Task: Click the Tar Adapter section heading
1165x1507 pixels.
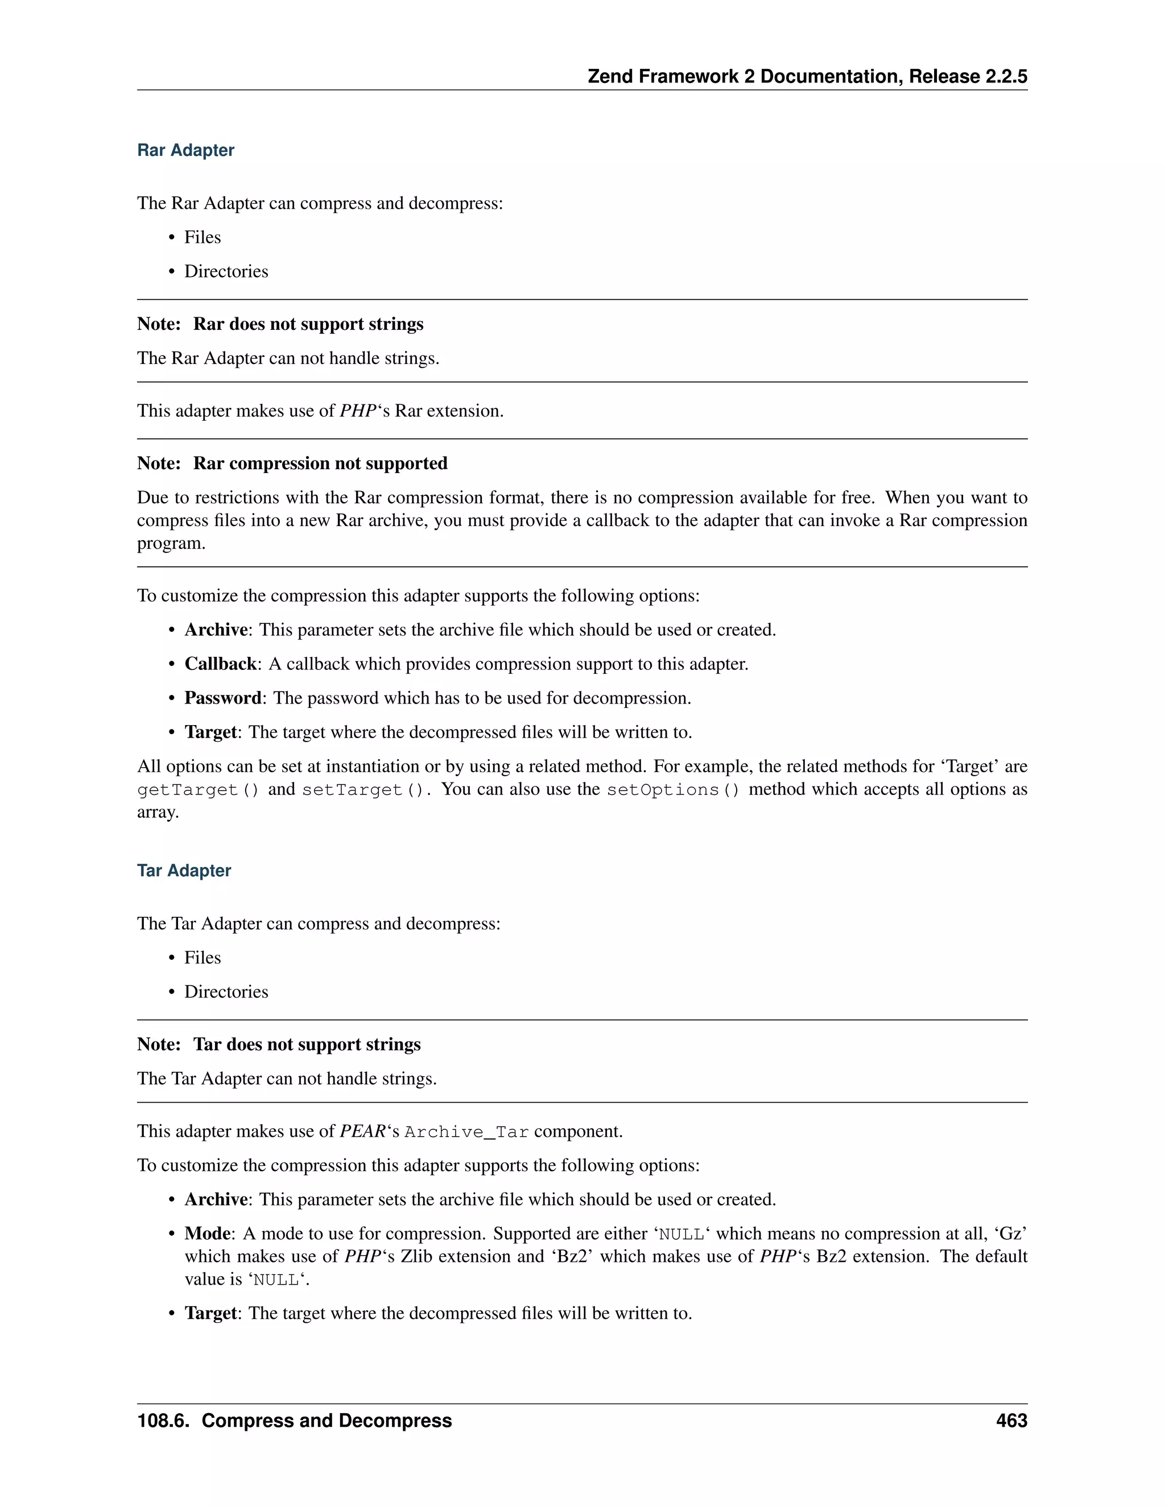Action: pos(184,870)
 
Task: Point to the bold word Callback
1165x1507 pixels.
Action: pos(220,664)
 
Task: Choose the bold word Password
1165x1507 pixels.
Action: pos(222,698)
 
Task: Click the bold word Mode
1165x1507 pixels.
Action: pos(207,1233)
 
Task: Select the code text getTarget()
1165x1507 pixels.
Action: pos(198,789)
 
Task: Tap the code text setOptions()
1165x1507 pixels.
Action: pos(673,789)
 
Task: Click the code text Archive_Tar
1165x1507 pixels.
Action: pos(466,1132)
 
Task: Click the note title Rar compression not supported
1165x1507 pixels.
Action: pos(320,463)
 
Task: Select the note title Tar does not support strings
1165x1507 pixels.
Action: pos(307,1044)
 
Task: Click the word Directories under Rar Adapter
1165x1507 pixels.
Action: pos(226,271)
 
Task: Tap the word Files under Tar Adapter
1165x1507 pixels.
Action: pos(202,958)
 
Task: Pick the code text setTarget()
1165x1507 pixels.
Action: pos(363,789)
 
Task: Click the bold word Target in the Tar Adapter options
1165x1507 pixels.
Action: pos(210,1313)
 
